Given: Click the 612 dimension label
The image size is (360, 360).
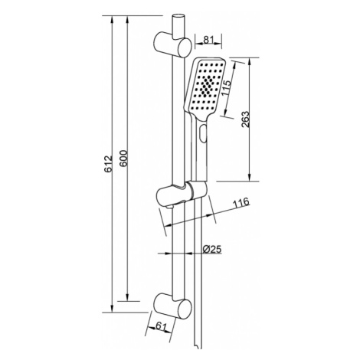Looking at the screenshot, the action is [109, 163].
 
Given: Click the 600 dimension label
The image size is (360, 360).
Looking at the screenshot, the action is [123, 159].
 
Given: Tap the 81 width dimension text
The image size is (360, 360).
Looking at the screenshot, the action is [208, 39].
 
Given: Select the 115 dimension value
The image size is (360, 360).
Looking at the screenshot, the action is [226, 88].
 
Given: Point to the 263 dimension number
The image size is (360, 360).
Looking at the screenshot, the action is [245, 119].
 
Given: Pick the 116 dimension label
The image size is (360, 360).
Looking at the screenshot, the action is [241, 202].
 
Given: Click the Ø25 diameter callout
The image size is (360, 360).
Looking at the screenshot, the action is [212, 249].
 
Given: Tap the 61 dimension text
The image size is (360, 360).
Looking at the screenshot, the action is [161, 326].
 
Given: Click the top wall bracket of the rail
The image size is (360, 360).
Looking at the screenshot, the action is [172, 44].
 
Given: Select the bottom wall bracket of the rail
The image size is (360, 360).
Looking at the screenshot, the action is [172, 306].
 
